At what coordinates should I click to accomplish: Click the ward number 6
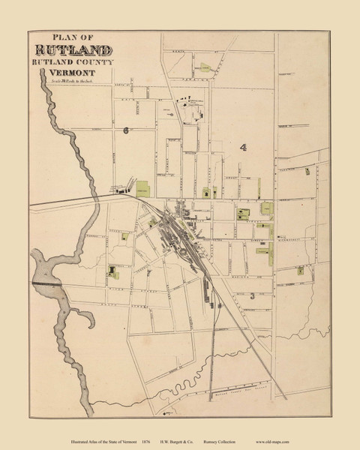coord(127,130)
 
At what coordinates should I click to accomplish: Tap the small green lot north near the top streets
coord(204,68)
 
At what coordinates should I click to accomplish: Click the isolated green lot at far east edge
coord(307,172)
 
